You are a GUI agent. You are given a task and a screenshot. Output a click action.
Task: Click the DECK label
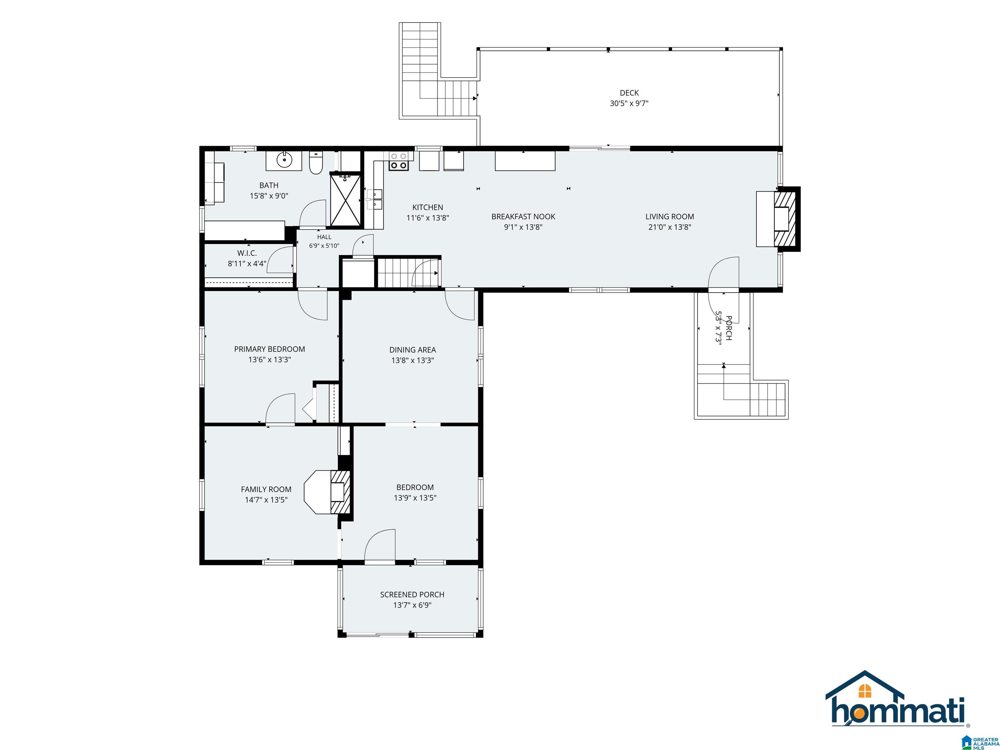[629, 93]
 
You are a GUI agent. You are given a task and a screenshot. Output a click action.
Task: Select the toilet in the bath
[315, 163]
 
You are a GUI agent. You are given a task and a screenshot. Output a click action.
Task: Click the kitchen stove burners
[398, 161]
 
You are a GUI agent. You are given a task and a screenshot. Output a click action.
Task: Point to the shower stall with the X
[346, 200]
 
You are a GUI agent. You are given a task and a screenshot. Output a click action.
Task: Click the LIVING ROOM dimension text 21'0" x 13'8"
[670, 227]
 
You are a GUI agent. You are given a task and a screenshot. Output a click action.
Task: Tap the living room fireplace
[778, 219]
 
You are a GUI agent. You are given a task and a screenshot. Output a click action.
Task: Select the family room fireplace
[328, 492]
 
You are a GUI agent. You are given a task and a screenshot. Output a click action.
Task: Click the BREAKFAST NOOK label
[523, 216]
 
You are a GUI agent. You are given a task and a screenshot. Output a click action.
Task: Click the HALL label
[324, 237]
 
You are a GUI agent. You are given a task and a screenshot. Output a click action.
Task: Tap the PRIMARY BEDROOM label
[270, 349]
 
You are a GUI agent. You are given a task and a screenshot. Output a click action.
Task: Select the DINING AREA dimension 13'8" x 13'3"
[413, 360]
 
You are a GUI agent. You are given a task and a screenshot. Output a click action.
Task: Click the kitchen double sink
[374, 200]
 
